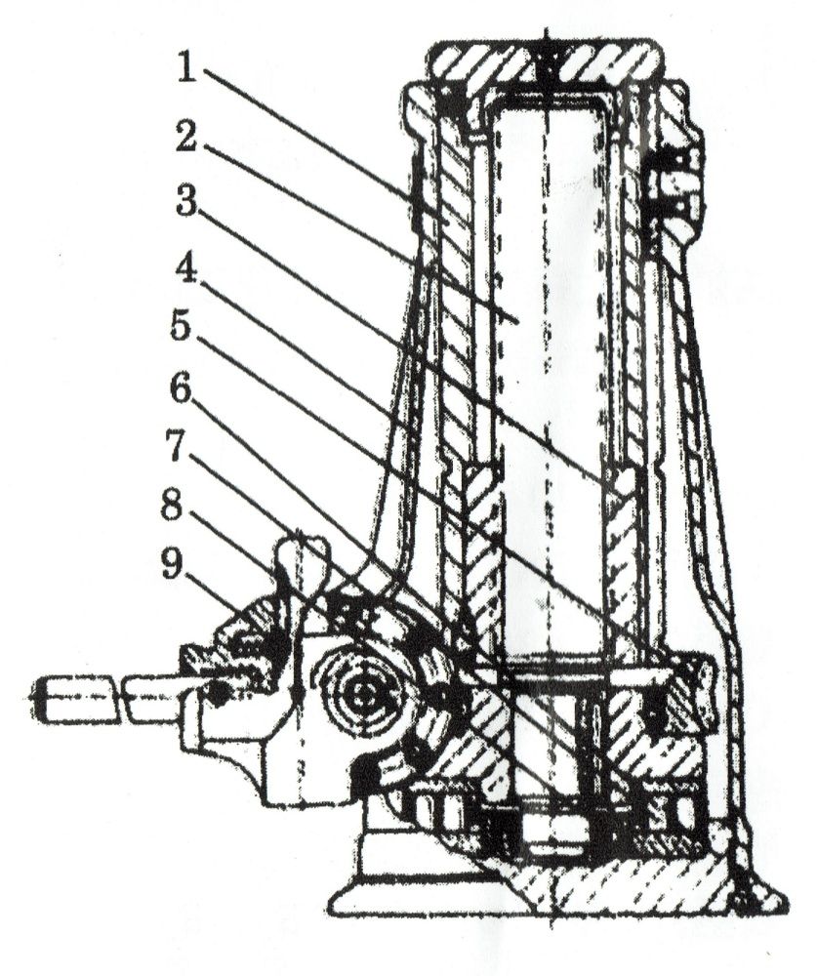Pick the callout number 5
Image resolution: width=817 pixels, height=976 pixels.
pos(183,328)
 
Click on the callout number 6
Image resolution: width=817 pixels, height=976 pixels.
pos(183,390)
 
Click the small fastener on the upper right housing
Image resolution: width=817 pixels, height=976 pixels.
pos(672,182)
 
